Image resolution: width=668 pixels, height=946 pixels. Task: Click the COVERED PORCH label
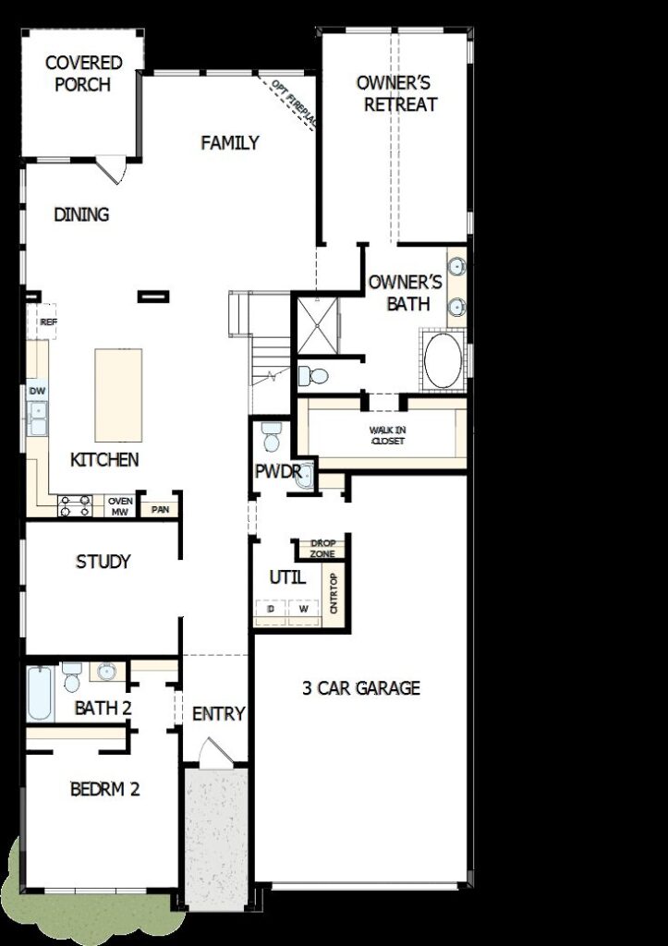click(83, 73)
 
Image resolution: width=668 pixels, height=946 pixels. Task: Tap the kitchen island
click(118, 395)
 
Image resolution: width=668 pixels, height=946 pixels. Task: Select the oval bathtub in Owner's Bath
click(443, 360)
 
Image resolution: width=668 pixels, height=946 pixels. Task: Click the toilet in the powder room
click(272, 436)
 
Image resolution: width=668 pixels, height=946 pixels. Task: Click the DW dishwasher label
click(37, 391)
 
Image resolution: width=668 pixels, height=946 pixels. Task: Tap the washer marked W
click(304, 609)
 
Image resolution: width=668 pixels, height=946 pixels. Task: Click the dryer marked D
click(271, 609)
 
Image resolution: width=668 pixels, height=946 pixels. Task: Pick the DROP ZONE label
click(322, 549)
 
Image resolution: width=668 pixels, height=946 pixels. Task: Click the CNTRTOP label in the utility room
click(334, 593)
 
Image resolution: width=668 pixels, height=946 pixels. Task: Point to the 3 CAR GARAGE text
click(361, 687)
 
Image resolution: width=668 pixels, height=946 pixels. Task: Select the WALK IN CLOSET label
click(387, 436)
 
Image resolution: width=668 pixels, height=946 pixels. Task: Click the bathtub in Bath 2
click(40, 693)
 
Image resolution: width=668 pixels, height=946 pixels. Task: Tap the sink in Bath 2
click(107, 671)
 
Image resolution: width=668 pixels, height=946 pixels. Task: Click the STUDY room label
click(103, 562)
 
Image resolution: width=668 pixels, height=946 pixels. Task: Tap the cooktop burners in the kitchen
click(75, 506)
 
